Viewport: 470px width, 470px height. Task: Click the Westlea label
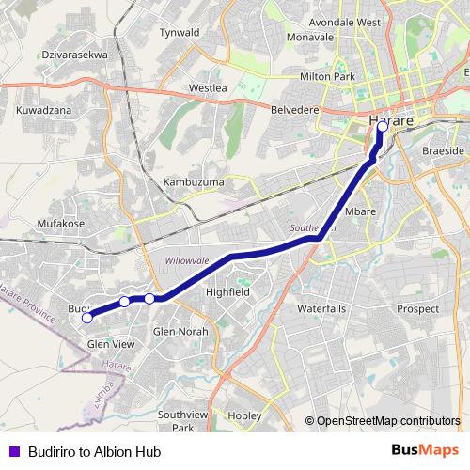coord(208,88)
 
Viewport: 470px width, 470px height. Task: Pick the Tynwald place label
coord(180,33)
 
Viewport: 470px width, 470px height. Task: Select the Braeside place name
coord(443,151)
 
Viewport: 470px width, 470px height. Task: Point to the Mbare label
coord(360,212)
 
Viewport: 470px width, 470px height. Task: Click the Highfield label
coord(227,292)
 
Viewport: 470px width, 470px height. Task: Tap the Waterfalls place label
coord(322,308)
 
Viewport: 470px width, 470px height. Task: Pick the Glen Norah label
coord(180,332)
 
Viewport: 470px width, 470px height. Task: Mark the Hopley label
coord(243,415)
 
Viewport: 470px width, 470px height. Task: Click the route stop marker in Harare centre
coord(383,126)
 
